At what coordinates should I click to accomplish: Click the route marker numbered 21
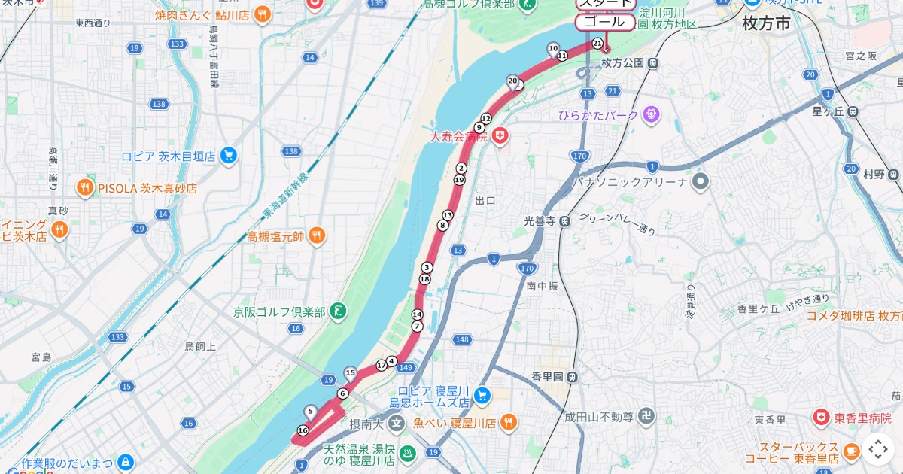coord(597,44)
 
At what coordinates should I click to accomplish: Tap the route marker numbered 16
coord(303,430)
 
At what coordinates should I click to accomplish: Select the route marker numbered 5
coord(310,411)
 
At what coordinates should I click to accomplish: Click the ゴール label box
coord(605,22)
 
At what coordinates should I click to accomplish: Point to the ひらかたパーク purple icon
coord(651,114)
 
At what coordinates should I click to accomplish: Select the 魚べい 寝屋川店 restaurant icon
coord(509,422)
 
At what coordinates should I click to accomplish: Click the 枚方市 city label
coord(766,23)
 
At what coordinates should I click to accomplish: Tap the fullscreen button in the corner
coord(878,449)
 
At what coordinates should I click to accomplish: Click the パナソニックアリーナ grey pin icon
coord(701,181)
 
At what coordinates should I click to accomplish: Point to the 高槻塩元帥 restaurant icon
coord(317,236)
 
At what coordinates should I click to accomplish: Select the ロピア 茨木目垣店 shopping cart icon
coord(230,156)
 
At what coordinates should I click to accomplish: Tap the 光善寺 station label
coord(540,221)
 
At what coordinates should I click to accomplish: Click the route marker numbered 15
coord(350,372)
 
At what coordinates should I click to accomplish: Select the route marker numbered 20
coord(512,81)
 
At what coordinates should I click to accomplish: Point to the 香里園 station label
coord(548,376)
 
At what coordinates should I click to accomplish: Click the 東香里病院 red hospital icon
coord(821,417)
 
